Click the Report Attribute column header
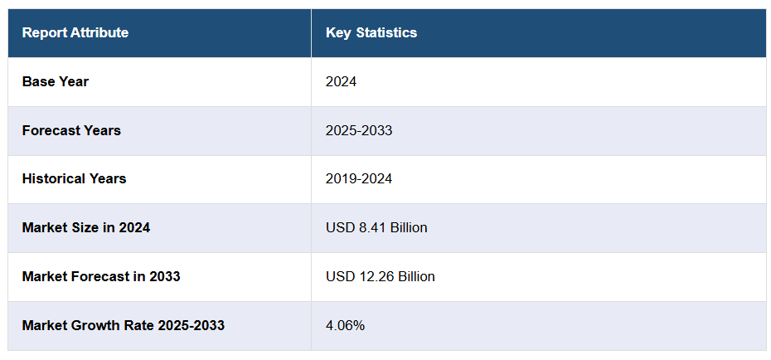pos(75,33)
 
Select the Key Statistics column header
pos(371,33)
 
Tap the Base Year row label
pos(56,81)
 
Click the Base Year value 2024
pos(341,81)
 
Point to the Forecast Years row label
pos(71,130)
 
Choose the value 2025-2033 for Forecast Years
pos(359,130)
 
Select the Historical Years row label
pos(75,178)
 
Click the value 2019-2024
pos(359,178)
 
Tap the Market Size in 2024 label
pos(86,227)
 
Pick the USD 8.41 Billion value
pos(376,227)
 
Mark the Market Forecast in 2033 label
pos(101,276)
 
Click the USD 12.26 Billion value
pos(381,276)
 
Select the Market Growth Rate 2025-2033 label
pos(124,325)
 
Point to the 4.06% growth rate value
pos(345,325)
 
